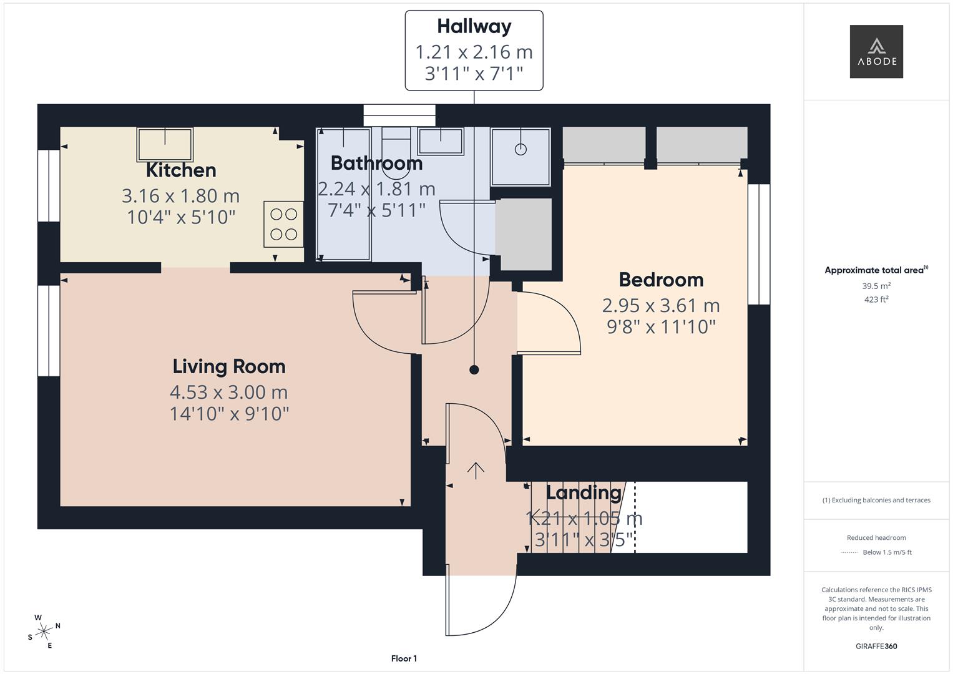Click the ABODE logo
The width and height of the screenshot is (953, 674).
[876, 51]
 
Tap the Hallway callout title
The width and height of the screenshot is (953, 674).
[474, 26]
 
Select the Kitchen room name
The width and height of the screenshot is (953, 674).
[181, 170]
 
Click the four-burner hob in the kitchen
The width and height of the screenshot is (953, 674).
[283, 224]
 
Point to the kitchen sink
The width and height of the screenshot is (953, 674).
[165, 144]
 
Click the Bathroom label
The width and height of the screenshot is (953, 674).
[376, 163]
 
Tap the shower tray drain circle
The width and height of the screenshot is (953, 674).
[520, 149]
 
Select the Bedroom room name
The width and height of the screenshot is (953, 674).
[661, 280]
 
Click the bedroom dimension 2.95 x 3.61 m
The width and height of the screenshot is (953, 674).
[661, 305]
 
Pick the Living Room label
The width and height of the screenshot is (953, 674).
[229, 366]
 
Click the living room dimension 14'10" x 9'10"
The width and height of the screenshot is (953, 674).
[229, 413]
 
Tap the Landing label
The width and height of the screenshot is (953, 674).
[584, 492]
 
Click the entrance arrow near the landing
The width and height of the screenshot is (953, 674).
[476, 471]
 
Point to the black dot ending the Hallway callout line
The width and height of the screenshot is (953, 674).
[474, 369]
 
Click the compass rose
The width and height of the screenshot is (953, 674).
[44, 632]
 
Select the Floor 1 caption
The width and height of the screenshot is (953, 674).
[404, 658]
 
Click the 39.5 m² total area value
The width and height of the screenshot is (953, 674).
[876, 286]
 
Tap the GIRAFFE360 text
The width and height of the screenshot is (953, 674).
[876, 646]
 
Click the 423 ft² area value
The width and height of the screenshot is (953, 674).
[876, 300]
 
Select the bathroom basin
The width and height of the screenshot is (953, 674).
[441, 141]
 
